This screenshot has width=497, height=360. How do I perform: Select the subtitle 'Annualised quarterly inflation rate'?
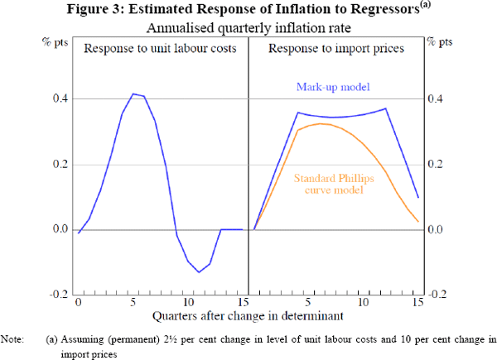(x=248, y=27)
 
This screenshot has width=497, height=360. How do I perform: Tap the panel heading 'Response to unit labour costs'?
(x=162, y=48)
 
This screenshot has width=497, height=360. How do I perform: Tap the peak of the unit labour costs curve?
(x=133, y=94)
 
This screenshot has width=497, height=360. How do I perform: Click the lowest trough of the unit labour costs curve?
(x=198, y=271)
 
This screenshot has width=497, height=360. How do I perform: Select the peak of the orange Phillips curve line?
(x=319, y=123)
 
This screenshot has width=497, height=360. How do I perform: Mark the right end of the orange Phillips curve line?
(x=417, y=221)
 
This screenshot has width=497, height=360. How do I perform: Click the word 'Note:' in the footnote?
(x=12, y=338)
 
